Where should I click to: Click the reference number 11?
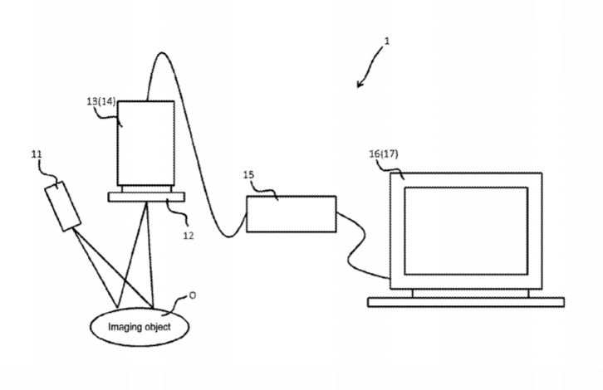tap(37, 154)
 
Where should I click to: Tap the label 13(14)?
tap(101, 101)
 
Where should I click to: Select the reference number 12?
tap(188, 236)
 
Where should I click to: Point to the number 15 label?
tap(248, 175)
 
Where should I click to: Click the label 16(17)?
tap(384, 154)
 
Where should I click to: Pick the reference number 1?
tap(387, 41)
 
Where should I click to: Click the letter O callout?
tap(193, 295)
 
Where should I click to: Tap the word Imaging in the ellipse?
tap(123, 327)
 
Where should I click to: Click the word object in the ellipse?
tap(155, 327)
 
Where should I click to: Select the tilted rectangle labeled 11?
tap(62, 207)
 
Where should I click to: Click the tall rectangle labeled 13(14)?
tap(145, 144)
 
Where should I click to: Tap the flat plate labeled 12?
tap(146, 197)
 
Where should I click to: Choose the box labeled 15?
tap(291, 214)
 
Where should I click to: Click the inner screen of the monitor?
tap(466, 231)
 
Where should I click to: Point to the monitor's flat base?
tap(466, 302)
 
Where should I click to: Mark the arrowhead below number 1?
tap(360, 84)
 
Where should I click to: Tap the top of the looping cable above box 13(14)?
tap(161, 53)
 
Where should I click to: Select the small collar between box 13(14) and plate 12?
tap(146, 189)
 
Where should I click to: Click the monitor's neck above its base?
tap(471, 293)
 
